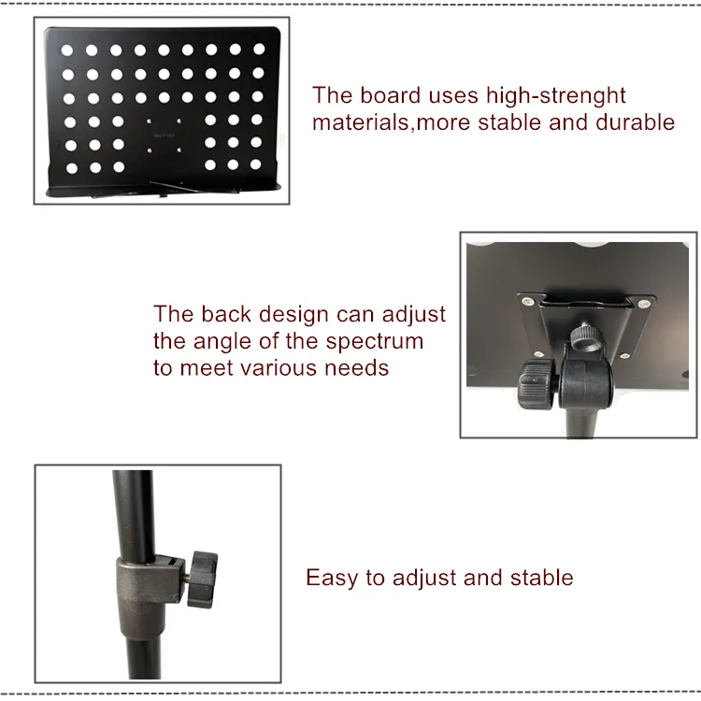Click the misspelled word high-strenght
pos(556,95)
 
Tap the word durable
pos(635,122)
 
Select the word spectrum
pos(374,342)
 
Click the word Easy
pos(331,578)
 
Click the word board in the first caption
pos(391,95)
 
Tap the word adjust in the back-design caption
pos(413,315)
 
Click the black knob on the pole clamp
pos(203,579)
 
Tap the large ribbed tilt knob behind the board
pos(536,384)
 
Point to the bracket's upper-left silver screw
pos(527,301)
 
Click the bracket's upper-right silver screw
pos(644,304)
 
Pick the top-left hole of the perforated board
pos(67,50)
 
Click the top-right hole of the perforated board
pos(259,49)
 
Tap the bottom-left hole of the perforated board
pos(72,168)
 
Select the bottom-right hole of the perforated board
pos(255,165)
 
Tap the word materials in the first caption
pos(361,122)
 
